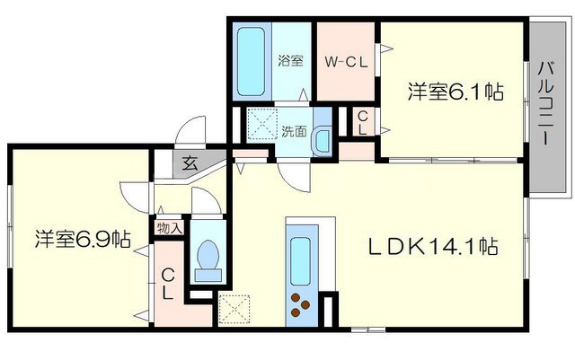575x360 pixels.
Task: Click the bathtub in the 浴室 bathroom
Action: click(x=252, y=60)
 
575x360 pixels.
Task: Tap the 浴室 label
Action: click(x=290, y=62)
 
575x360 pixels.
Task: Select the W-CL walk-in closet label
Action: click(x=345, y=62)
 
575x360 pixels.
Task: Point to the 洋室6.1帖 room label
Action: click(x=455, y=92)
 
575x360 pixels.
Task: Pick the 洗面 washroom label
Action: click(x=293, y=132)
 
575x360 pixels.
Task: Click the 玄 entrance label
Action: click(x=190, y=164)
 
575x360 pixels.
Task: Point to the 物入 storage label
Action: click(x=169, y=228)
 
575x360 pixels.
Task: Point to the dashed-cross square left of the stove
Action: click(x=234, y=308)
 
